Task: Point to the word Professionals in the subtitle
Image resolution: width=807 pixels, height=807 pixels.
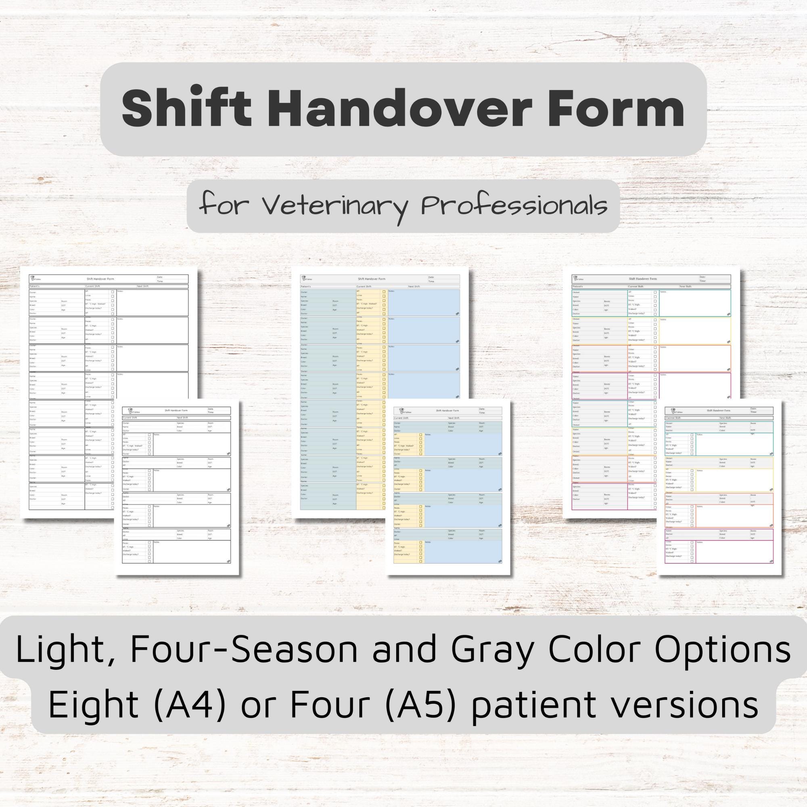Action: [513, 206]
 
